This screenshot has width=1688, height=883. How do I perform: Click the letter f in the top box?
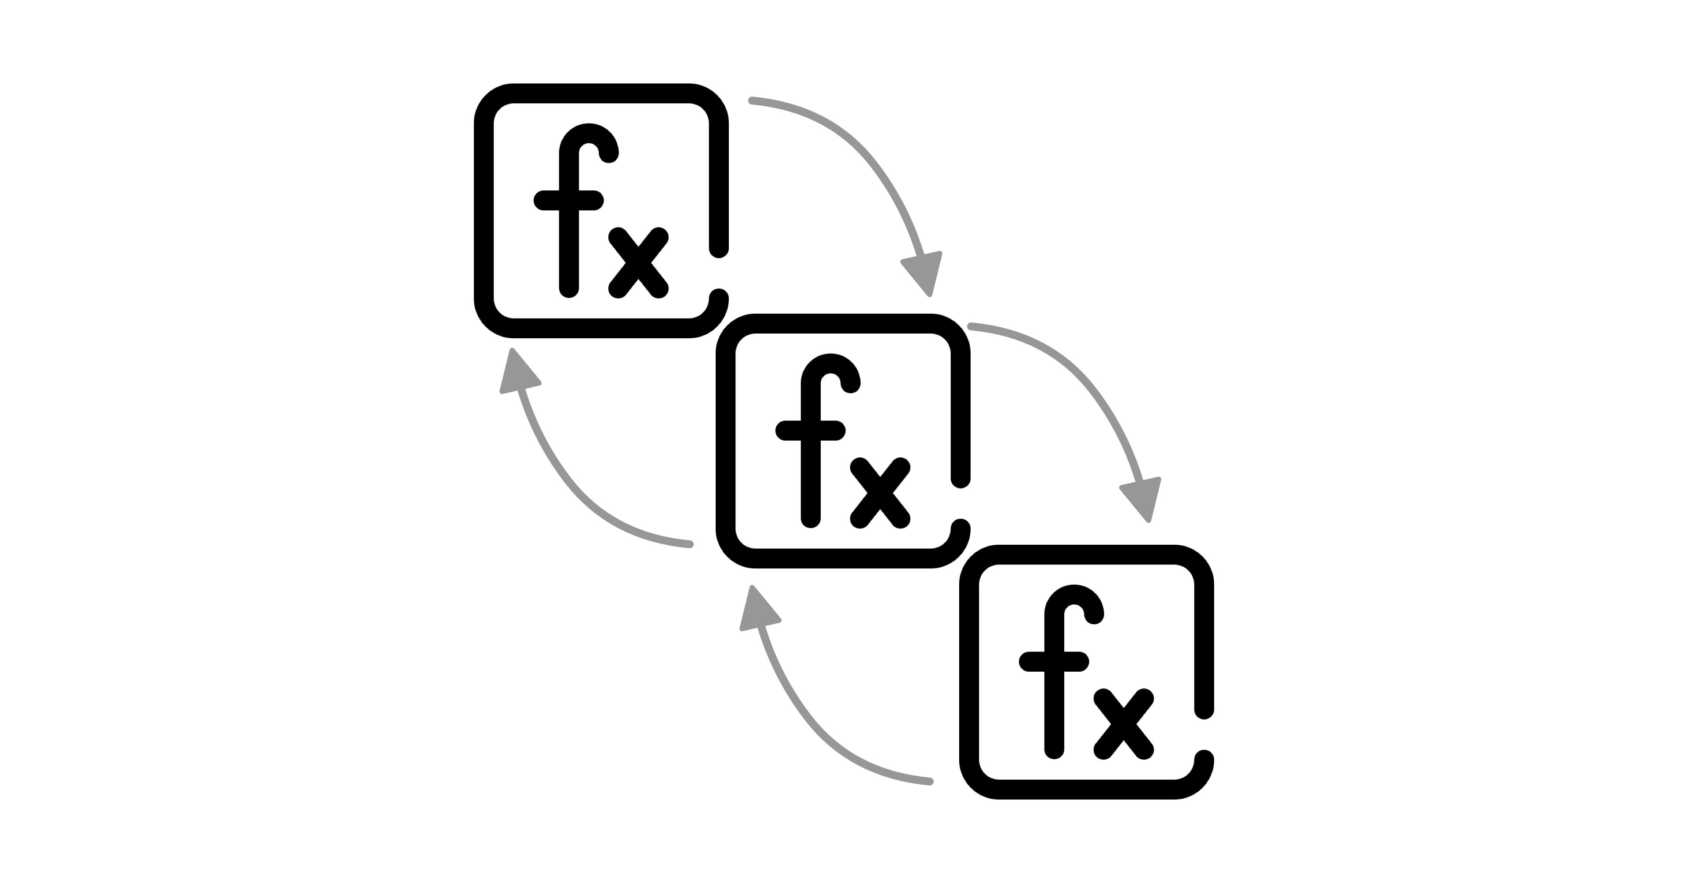tap(569, 216)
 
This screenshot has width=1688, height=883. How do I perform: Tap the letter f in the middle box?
tap(811, 445)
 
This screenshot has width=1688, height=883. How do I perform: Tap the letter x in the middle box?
tap(880, 492)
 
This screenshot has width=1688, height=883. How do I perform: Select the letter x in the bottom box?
tap(1124, 724)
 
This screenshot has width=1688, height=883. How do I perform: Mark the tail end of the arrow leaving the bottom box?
tap(929, 781)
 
